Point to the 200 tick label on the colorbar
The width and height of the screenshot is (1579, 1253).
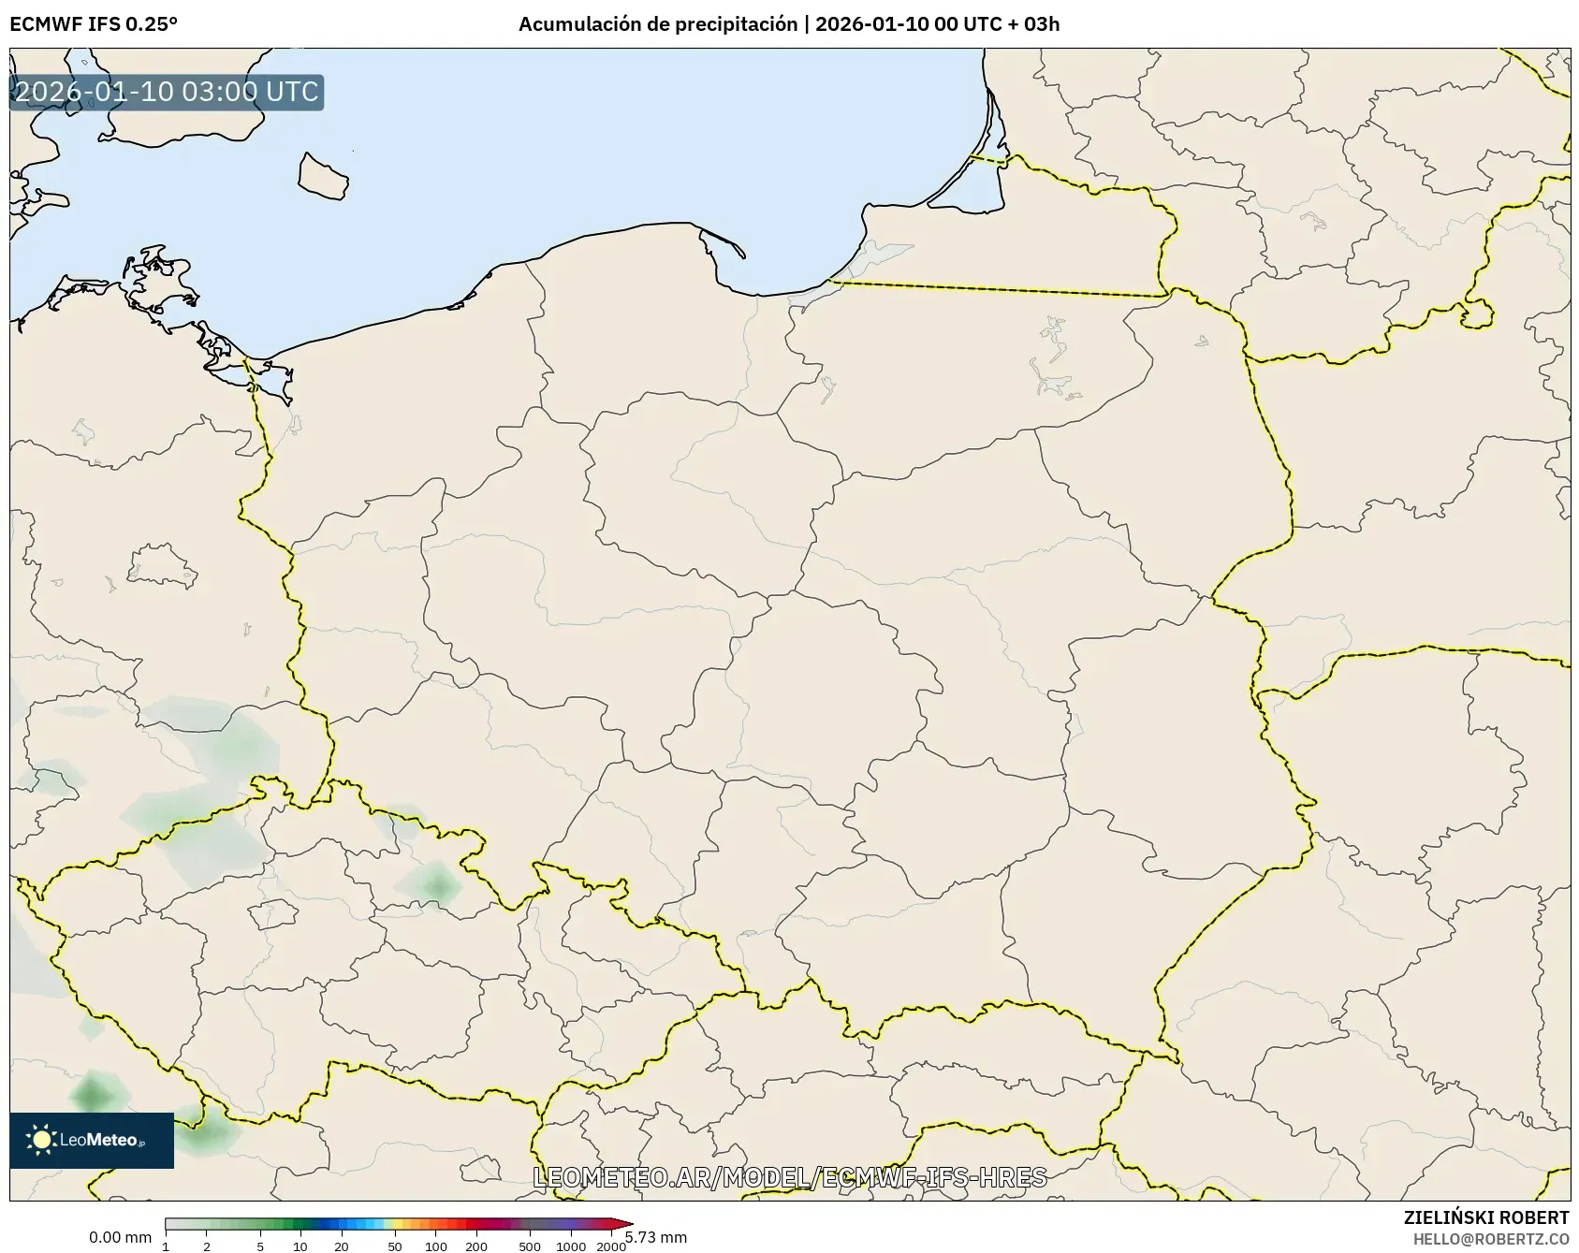476,1246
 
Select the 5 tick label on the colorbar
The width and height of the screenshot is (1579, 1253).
260,1246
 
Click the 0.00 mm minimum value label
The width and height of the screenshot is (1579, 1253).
120,1237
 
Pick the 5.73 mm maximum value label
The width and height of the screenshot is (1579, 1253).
656,1237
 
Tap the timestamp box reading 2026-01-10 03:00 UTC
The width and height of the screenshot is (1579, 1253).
167,92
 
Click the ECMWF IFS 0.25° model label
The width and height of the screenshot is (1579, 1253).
94,24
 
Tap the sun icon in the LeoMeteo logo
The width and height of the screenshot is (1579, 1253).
41,1139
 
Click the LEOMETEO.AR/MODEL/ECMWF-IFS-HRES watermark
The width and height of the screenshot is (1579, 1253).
789,1177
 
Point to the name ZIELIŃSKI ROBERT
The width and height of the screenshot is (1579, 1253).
1486,1217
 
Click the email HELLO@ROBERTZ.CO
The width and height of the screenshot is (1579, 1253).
1491,1238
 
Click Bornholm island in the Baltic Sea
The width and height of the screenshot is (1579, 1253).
322,175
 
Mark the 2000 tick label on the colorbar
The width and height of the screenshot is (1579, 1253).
611,1246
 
